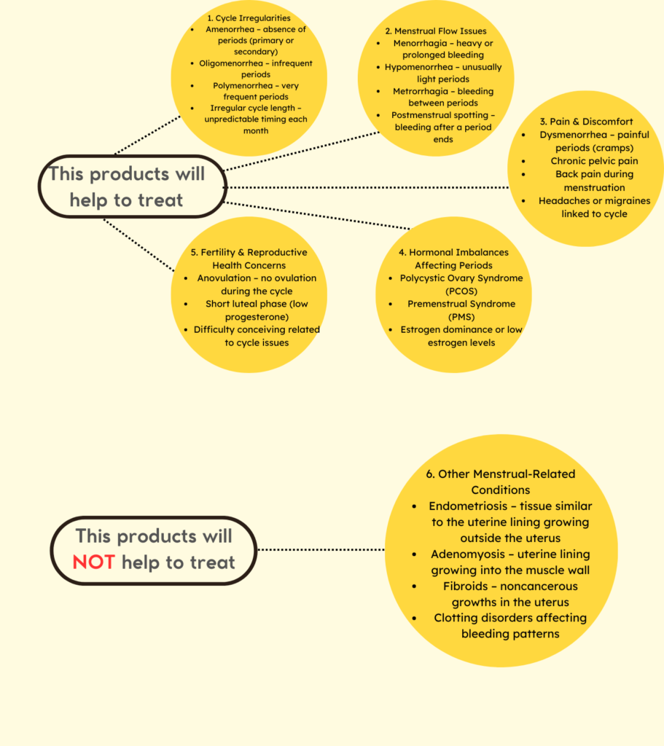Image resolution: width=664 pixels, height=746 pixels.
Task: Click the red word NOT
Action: click(93, 562)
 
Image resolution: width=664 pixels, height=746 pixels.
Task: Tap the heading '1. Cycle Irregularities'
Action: click(249, 18)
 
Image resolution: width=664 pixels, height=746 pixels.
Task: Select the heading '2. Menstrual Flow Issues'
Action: click(436, 31)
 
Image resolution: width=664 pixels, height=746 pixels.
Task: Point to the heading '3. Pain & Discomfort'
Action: click(586, 122)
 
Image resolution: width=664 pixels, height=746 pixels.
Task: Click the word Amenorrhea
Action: click(230, 29)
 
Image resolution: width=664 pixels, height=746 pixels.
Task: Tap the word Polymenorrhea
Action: click(243, 86)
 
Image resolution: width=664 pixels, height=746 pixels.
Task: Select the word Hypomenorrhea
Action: click(419, 67)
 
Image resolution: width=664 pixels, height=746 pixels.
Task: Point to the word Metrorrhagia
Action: click(421, 91)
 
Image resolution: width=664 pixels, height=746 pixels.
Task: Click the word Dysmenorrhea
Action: click(573, 135)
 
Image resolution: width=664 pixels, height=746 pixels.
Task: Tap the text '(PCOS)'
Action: click(461, 291)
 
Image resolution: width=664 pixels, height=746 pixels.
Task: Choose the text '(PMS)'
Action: click(461, 317)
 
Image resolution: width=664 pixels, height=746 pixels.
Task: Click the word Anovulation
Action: click(224, 278)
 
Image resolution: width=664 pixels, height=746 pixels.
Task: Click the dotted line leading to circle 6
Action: click(321, 549)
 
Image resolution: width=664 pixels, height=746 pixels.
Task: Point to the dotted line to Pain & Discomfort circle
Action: click(367, 187)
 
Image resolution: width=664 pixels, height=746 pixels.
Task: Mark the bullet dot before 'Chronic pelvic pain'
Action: click(523, 161)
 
